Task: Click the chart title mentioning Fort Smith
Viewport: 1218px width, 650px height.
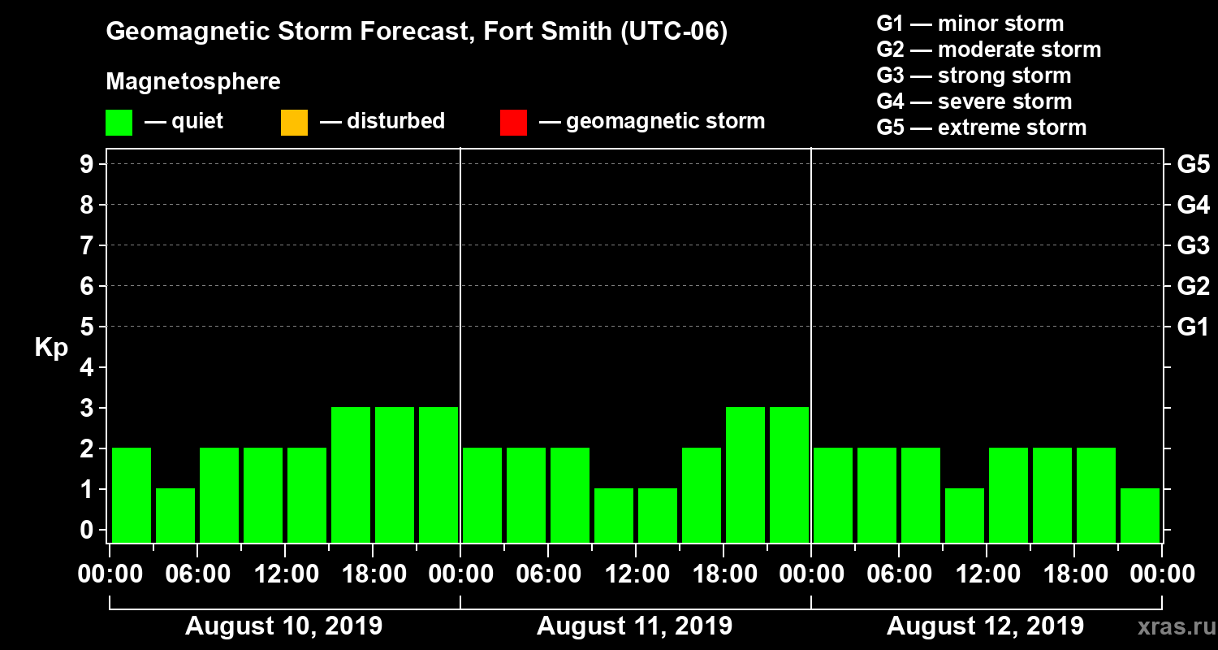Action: click(417, 32)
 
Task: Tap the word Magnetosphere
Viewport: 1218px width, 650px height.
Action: click(193, 82)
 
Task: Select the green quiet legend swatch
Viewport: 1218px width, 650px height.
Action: click(119, 123)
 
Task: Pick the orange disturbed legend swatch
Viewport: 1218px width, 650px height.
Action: click(294, 123)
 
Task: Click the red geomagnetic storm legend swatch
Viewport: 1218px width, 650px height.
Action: click(513, 123)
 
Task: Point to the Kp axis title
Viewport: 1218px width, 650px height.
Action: click(51, 348)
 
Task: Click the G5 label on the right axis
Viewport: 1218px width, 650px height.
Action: click(1193, 165)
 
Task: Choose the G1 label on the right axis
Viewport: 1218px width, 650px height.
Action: click(1193, 327)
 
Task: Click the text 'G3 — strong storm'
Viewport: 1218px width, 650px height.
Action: click(974, 76)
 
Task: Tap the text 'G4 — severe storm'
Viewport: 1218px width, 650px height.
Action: click(974, 102)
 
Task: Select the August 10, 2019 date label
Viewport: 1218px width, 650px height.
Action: click(284, 626)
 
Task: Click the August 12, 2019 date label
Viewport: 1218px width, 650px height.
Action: click(985, 626)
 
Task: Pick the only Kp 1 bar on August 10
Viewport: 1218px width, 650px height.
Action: click(175, 514)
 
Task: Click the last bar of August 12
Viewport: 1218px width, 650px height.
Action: click(1140, 514)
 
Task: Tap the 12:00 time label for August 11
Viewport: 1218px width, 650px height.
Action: click(636, 574)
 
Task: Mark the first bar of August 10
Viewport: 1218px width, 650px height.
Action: click(132, 494)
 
